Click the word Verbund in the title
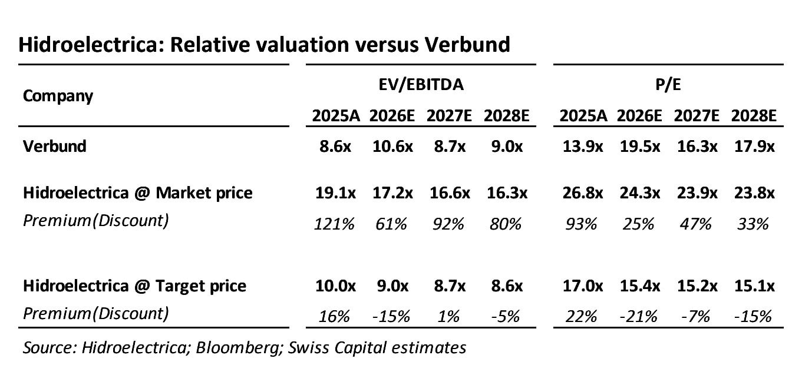pos(467,45)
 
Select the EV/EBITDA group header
pos(421,85)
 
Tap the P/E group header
pos(668,85)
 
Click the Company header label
pos(58,96)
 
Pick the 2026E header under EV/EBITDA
pos(392,116)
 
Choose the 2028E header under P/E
pos(754,116)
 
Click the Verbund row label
pos(54,146)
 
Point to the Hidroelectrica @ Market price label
pos(137,193)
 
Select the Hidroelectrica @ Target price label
pos(134,286)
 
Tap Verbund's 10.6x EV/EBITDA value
pos(392,146)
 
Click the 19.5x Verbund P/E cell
pos(640,146)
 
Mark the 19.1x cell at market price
pos(335,193)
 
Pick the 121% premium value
pos(334,224)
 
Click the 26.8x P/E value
pos(583,193)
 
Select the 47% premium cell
pos(695,224)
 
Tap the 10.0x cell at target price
pos(335,286)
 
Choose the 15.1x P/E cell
pos(754,286)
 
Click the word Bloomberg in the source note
pos(239,348)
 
